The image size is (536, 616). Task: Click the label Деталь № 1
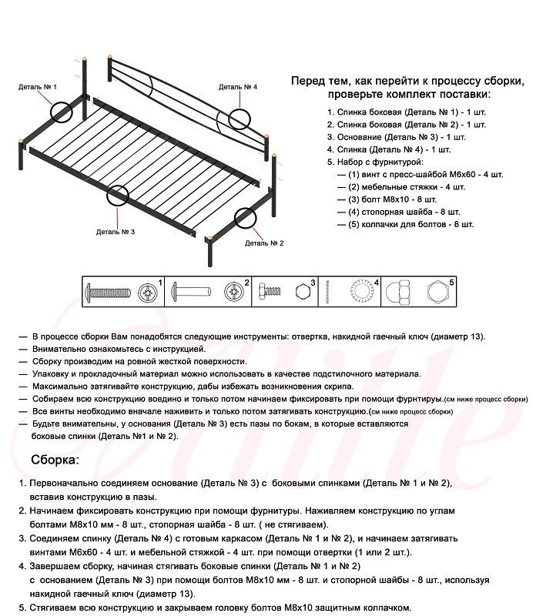(38, 87)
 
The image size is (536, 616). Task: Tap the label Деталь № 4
(237, 87)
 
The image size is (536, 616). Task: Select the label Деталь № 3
(116, 231)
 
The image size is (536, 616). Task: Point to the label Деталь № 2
(264, 243)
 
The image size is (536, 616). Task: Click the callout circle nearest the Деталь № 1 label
(62, 111)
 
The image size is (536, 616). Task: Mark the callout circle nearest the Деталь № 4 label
(240, 119)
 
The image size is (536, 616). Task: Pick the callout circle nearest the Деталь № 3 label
(117, 195)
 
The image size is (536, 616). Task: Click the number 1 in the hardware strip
(160, 283)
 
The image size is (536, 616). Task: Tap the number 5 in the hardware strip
(451, 283)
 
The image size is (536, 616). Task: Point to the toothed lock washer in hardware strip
(361, 293)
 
